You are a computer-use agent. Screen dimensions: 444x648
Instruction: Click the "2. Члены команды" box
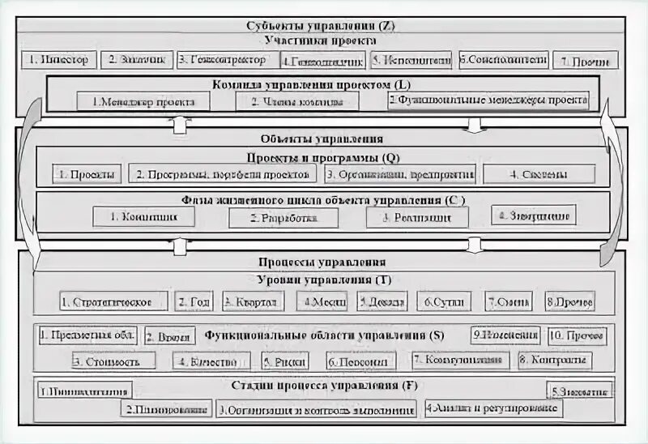[x=296, y=102]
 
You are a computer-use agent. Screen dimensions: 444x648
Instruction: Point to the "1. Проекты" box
[x=89, y=174]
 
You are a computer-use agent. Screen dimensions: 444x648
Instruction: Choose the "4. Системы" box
[x=539, y=174]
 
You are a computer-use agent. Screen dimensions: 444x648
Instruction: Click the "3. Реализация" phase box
[x=417, y=218]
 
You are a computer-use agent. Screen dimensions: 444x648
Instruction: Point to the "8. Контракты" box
[x=554, y=361]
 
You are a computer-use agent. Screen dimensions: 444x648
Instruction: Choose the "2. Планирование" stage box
[x=167, y=408]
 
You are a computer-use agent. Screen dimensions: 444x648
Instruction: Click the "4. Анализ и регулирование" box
[x=493, y=408]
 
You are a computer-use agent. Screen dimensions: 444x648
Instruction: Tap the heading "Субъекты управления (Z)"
[x=322, y=26]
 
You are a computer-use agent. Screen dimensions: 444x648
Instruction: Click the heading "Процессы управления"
[x=322, y=263]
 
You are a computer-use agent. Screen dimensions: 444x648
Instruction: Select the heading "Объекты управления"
[x=322, y=139]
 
